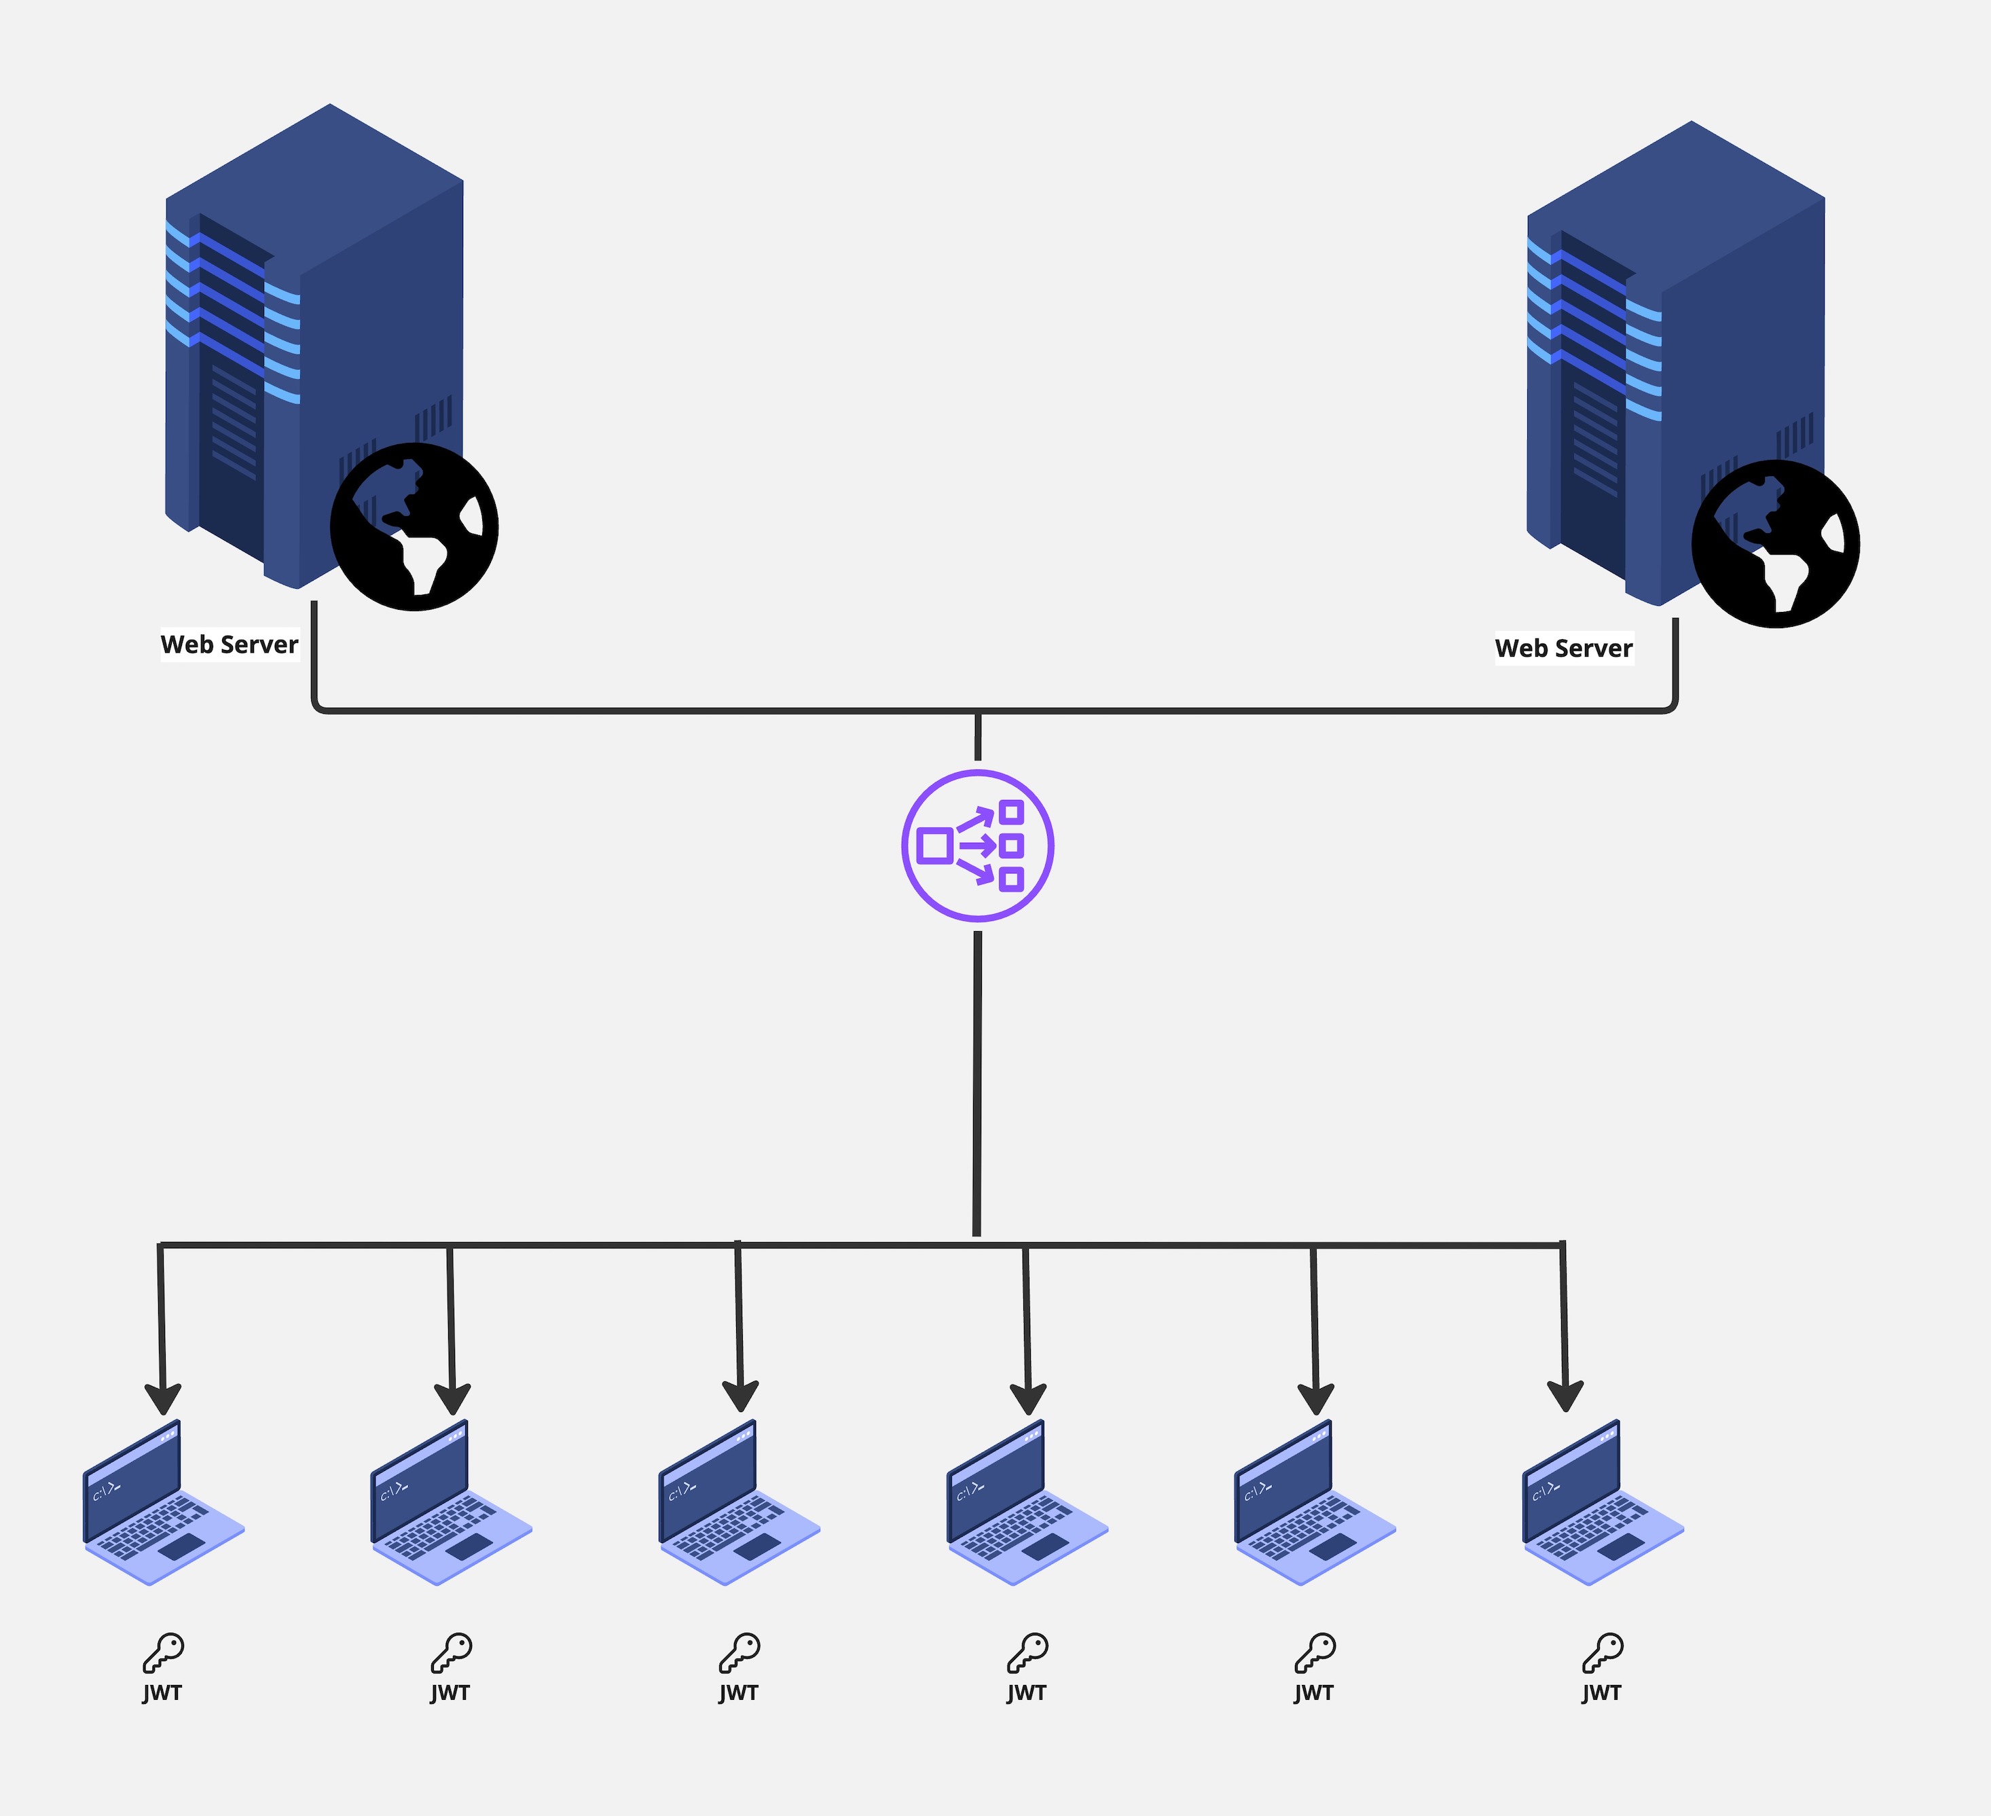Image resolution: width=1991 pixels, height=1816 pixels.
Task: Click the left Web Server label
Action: coord(229,644)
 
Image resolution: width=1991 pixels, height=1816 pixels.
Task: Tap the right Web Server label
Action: coord(1563,649)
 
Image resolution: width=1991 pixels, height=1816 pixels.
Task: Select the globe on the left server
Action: coord(414,526)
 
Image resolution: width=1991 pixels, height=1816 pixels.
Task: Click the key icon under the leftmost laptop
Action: coord(163,1652)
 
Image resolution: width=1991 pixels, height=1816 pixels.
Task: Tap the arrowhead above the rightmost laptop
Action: coord(1565,1396)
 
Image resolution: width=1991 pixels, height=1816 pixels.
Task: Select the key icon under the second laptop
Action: coord(452,1652)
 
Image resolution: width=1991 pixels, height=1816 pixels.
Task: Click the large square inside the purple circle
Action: coord(934,846)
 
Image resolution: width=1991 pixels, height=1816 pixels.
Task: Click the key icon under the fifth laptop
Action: coord(1315,1652)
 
